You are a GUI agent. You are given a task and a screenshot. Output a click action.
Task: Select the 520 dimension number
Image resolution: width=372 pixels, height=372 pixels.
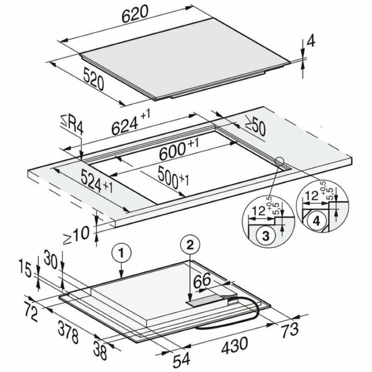click(94, 79)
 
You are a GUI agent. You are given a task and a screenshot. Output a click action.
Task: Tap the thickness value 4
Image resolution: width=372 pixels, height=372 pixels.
click(311, 41)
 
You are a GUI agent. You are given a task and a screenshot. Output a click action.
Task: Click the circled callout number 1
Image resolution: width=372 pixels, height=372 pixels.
click(121, 253)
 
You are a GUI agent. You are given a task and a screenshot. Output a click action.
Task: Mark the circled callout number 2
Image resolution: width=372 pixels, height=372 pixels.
click(190, 246)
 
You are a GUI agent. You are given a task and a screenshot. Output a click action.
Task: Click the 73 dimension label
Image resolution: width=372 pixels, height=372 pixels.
click(289, 330)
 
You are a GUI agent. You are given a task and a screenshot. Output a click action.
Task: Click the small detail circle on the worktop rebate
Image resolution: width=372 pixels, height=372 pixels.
click(280, 162)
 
